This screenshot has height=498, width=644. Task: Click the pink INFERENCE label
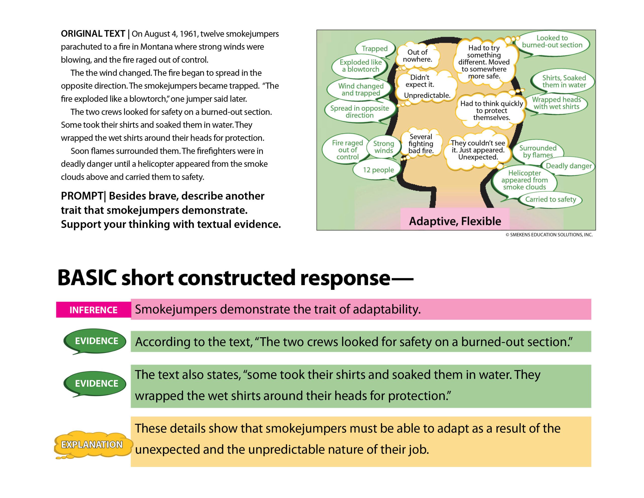pos(93,310)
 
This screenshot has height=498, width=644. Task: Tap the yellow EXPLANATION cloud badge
pos(92,444)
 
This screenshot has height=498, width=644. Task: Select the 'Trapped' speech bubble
pos(375,48)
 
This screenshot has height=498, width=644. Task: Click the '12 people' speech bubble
pos(378,170)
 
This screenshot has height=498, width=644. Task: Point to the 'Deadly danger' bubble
pos(569,166)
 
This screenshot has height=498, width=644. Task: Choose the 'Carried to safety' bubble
pos(550,200)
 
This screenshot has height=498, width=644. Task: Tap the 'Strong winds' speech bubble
pos(383,147)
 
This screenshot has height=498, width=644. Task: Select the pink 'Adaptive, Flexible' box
pos(455,221)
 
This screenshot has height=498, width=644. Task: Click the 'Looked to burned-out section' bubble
pos(552,42)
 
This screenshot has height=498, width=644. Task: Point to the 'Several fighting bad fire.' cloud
pos(421,144)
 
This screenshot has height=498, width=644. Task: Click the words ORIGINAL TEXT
pos(93,34)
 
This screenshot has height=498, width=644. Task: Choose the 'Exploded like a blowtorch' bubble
pos(360,66)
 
